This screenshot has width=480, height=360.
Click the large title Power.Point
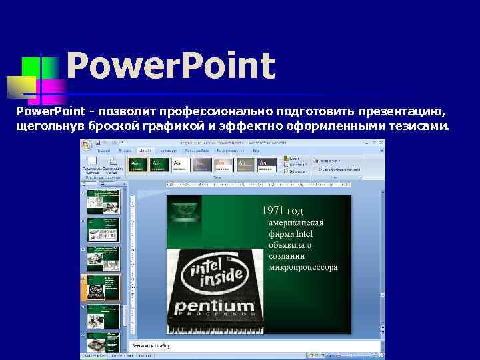coord(170,66)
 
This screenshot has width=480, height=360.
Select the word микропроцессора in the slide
coord(303,267)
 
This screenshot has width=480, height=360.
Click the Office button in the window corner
coord(86,143)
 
